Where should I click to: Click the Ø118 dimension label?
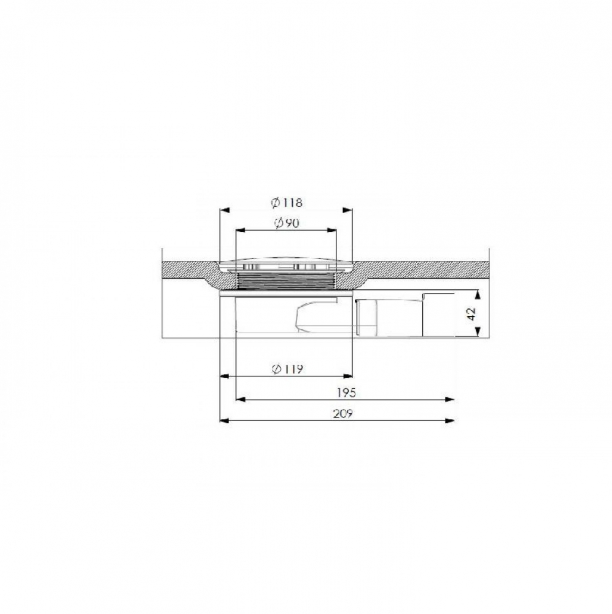[x=287, y=203]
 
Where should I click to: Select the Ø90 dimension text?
[x=287, y=223]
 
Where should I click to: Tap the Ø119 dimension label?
[x=288, y=369]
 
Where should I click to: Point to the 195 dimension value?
[x=347, y=392]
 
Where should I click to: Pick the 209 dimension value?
[x=343, y=413]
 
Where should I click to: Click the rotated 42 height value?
[x=471, y=313]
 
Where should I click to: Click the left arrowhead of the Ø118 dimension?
[x=225, y=210]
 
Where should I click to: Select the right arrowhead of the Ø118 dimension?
[x=347, y=210]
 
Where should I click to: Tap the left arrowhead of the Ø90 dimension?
[x=241, y=230]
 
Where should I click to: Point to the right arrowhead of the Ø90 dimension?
[x=331, y=230]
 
